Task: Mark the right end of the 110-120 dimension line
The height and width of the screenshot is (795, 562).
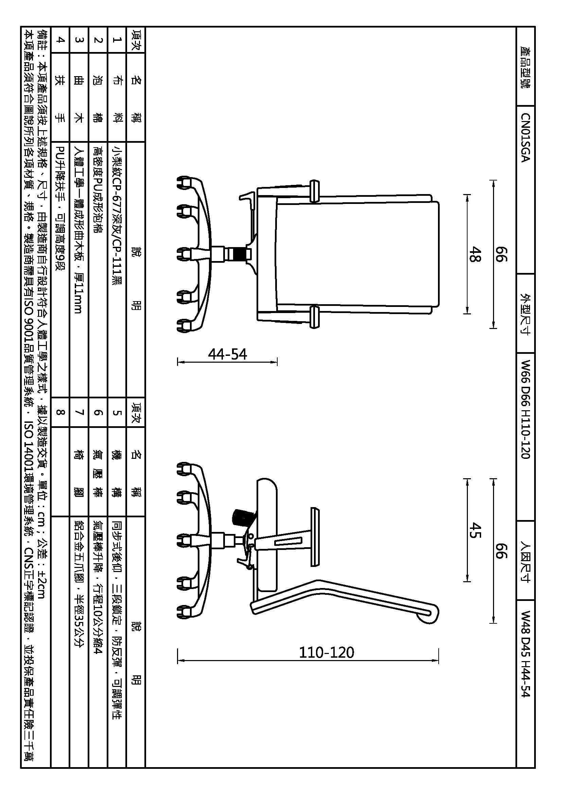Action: [438, 661]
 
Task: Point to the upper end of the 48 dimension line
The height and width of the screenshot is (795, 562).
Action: [467, 195]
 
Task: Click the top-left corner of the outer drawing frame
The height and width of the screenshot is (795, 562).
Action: [21, 27]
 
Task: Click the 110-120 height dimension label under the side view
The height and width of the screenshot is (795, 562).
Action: [326, 652]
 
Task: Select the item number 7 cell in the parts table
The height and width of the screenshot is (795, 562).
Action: [79, 412]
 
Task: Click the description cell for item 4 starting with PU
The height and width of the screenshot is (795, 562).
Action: [60, 207]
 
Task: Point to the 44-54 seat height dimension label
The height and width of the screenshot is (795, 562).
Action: [227, 354]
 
